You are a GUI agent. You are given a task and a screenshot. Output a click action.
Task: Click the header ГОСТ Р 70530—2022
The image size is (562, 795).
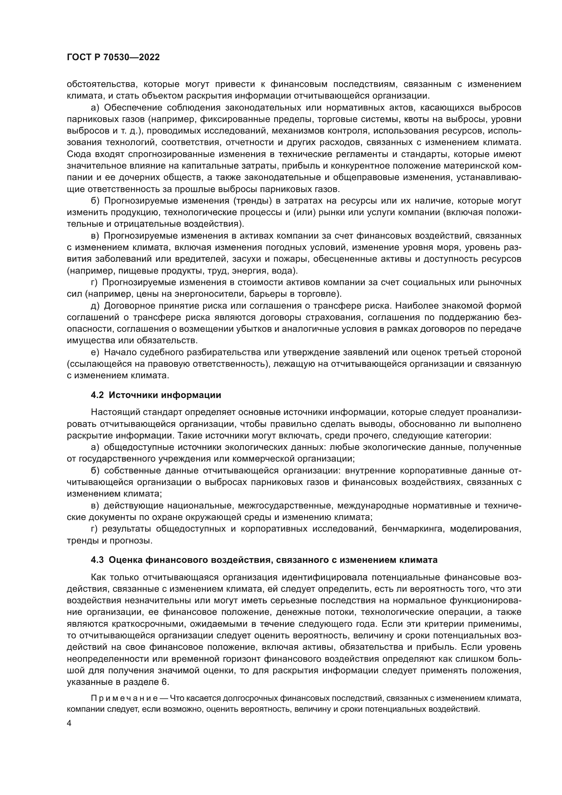pyautogui.click(x=113, y=57)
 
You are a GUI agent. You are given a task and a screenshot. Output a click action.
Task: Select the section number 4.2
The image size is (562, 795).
pyautogui.click(x=97, y=395)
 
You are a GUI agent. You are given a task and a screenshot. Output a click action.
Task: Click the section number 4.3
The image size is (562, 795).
pyautogui.click(x=97, y=560)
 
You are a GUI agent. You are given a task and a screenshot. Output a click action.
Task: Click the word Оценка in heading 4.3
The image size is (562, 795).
pyautogui.click(x=125, y=560)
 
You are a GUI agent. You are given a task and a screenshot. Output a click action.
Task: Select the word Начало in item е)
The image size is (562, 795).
pyautogui.click(x=120, y=352)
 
